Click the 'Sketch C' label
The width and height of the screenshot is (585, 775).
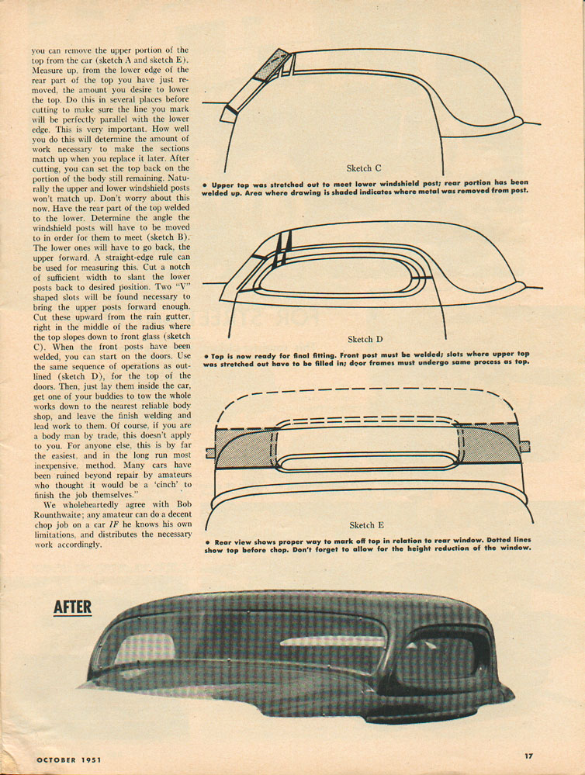point(363,168)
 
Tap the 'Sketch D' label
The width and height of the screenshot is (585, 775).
point(365,339)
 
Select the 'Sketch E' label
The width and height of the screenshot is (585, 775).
point(366,525)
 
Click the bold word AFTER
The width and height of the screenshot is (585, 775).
point(72,607)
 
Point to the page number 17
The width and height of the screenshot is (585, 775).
point(528,756)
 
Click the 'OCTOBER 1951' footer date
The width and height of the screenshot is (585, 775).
point(69,759)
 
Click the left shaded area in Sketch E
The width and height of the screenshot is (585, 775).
point(244,448)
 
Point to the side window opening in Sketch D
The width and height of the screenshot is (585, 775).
point(335,277)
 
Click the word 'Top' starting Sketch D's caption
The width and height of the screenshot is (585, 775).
point(217,356)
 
